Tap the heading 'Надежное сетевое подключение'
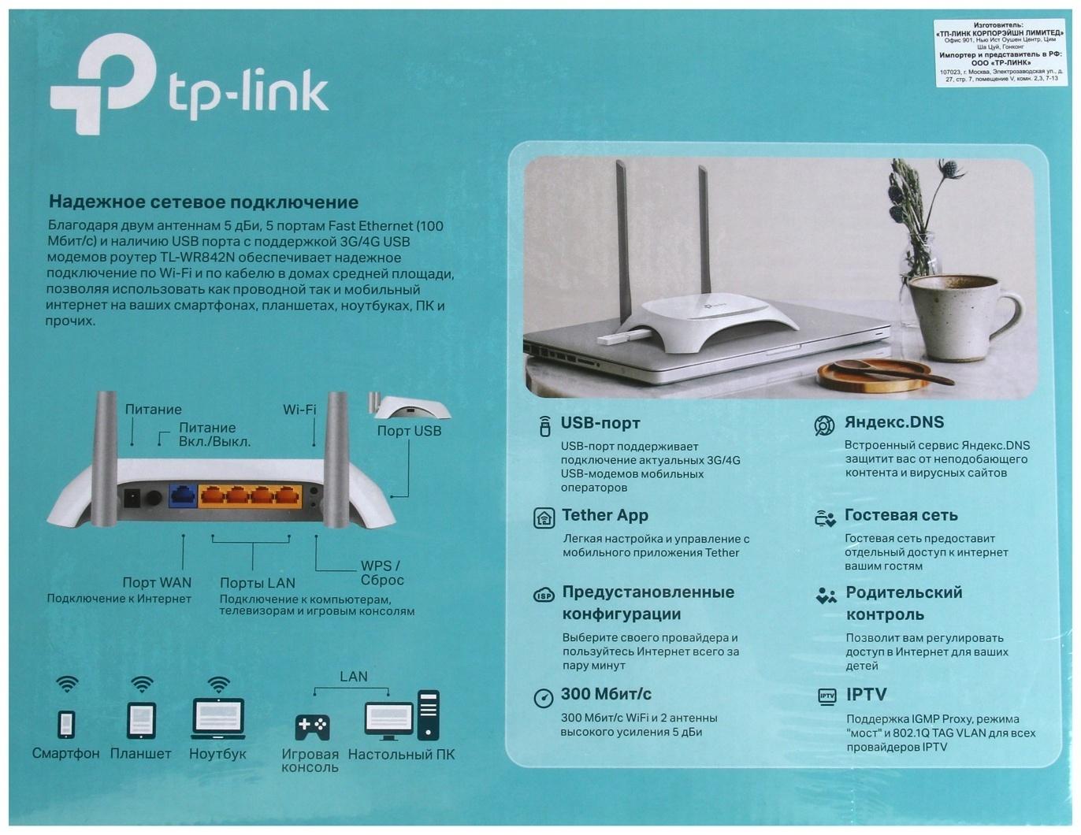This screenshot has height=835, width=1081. (x=203, y=202)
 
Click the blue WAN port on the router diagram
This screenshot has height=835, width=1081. (x=183, y=495)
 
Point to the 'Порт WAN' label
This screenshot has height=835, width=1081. (x=156, y=582)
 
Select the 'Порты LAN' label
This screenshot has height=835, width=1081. (x=257, y=583)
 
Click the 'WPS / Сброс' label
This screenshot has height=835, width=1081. (x=381, y=573)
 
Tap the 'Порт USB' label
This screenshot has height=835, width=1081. (x=408, y=431)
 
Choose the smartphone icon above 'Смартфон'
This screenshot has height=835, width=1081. (x=67, y=724)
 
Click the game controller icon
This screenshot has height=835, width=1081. (x=312, y=726)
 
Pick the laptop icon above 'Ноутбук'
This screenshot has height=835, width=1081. (x=217, y=718)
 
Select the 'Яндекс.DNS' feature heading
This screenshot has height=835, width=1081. (x=893, y=422)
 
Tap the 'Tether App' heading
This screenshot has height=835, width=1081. (x=604, y=515)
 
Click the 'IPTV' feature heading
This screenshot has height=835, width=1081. (x=866, y=695)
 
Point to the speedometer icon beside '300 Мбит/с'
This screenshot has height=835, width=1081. (x=543, y=698)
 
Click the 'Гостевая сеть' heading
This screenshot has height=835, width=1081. (x=901, y=515)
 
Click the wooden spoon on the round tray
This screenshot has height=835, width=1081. (x=890, y=371)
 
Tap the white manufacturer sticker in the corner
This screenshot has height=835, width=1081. (x=1000, y=52)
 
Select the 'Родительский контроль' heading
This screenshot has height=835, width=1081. (x=904, y=603)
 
